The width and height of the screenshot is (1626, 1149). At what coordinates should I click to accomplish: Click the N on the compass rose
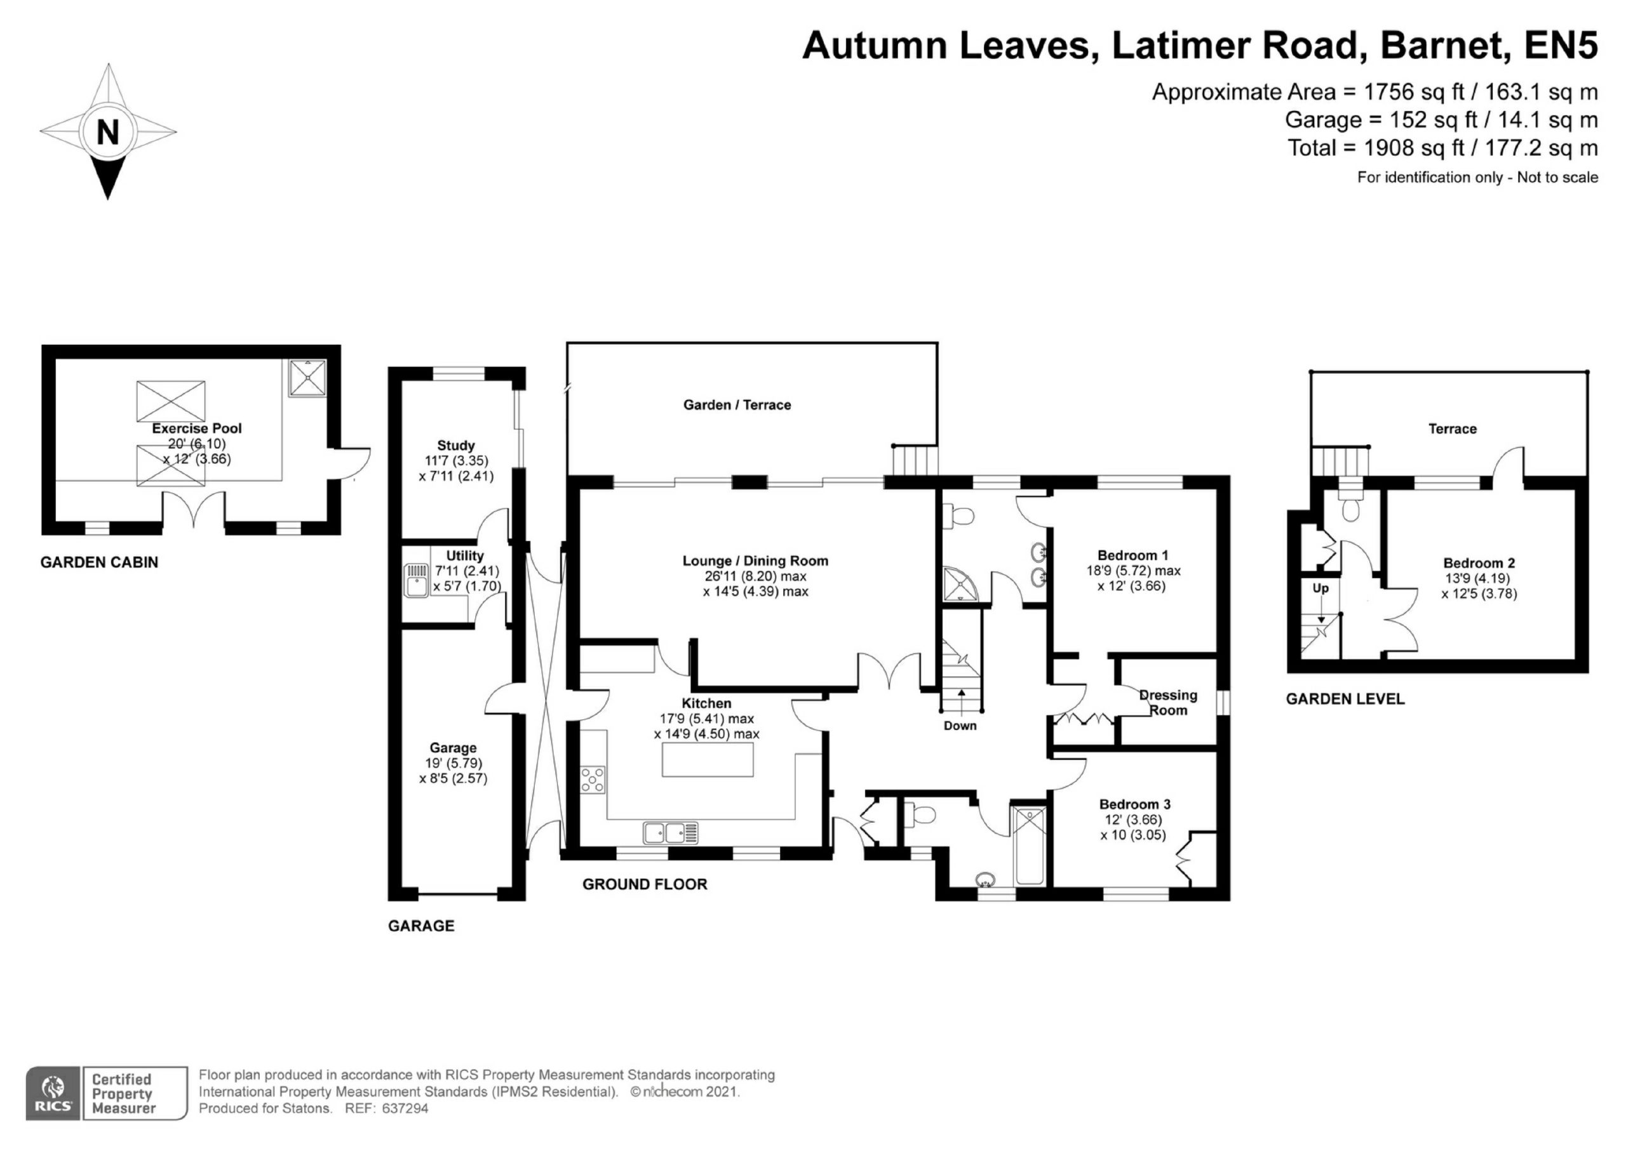click(107, 131)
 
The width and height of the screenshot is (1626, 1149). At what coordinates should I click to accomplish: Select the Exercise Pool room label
click(197, 428)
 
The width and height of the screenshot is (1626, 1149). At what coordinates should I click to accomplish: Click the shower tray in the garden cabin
click(307, 378)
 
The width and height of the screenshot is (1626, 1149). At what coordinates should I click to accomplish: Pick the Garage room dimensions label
click(454, 771)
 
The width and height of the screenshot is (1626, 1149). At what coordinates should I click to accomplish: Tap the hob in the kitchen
click(593, 780)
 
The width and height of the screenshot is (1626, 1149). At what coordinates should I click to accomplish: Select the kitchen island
click(708, 760)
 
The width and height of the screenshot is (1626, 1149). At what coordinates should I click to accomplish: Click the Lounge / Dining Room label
click(755, 561)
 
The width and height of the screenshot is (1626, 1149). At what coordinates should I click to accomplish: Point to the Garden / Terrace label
click(737, 405)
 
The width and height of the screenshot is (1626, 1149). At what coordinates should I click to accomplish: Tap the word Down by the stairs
click(960, 726)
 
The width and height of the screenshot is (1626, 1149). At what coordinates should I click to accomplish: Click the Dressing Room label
click(1169, 703)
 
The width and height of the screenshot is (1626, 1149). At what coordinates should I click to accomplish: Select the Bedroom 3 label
click(1134, 804)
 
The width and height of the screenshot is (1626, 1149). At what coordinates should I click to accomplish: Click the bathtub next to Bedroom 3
click(1030, 846)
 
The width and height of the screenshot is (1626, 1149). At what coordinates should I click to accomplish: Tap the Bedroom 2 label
click(1479, 564)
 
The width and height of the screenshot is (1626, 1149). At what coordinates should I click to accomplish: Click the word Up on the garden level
click(1320, 588)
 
